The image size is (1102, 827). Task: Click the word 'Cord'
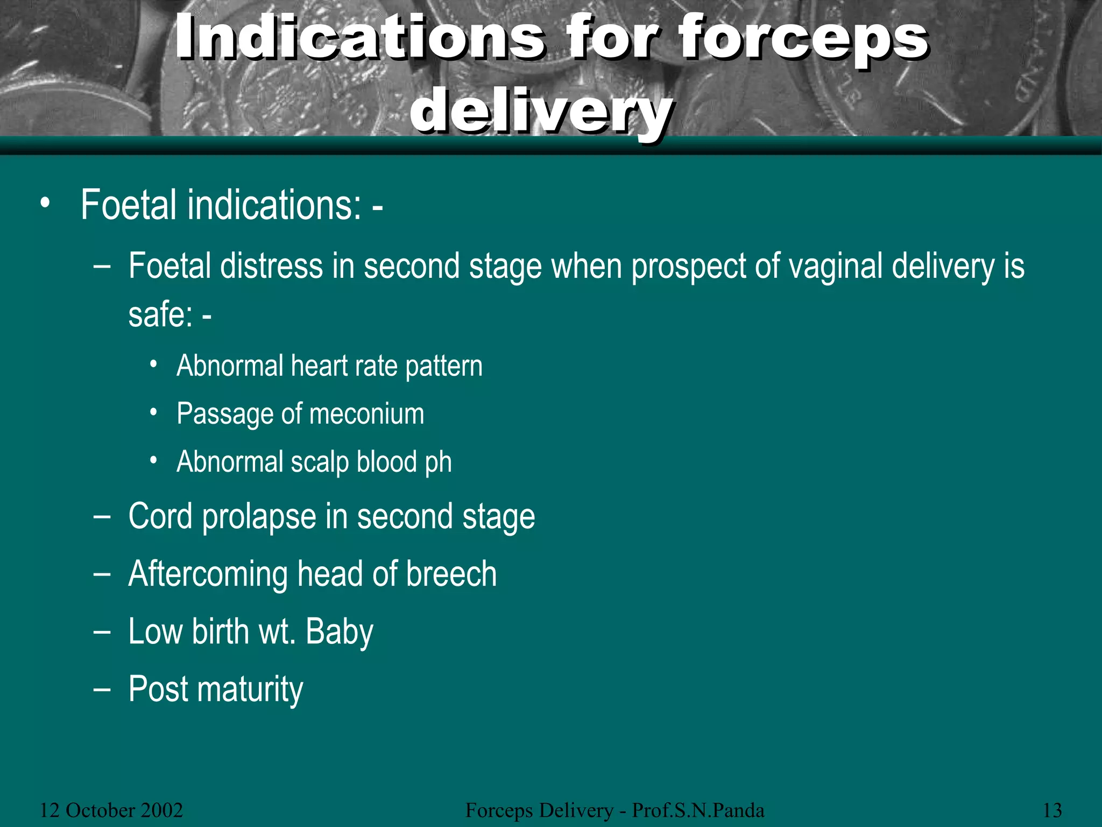tap(160, 516)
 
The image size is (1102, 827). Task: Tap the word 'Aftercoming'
tap(208, 574)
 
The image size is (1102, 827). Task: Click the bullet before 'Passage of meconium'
tap(154, 413)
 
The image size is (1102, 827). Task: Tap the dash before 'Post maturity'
tap(101, 689)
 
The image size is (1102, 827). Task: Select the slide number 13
tap(1052, 810)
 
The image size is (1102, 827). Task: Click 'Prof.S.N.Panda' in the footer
tap(697, 810)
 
